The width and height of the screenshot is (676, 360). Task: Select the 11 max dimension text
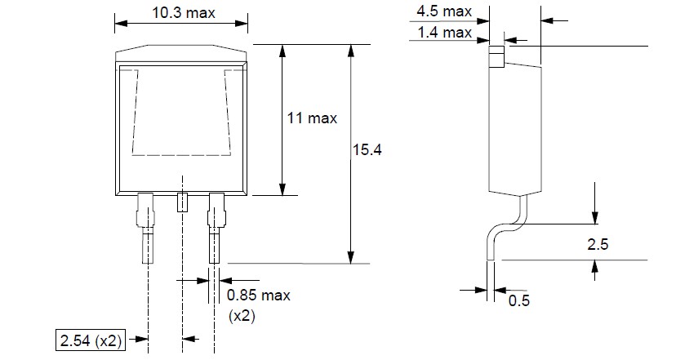pos(312,118)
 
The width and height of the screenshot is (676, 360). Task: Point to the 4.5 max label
pos(444,12)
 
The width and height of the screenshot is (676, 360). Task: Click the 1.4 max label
pos(444,32)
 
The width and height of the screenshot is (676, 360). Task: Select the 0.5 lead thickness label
pos(519,301)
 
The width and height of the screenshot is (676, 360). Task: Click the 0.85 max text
pos(258,295)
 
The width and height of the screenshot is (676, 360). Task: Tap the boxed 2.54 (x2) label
pos(89,339)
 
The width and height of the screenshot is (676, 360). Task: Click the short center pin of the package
pos(182,201)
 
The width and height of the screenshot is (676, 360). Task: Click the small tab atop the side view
pos(495,56)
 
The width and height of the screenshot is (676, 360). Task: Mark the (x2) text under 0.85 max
pos(242,315)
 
